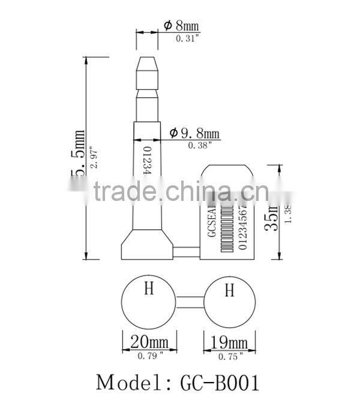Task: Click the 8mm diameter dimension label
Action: [181, 25]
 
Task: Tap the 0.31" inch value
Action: [187, 38]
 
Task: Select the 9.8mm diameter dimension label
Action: [194, 133]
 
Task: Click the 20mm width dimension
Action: [149, 343]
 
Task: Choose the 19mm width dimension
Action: [229, 343]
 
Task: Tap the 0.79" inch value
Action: [149, 356]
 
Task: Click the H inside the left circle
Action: [149, 290]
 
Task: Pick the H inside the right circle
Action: [229, 291]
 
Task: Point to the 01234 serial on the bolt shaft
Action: [146, 160]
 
